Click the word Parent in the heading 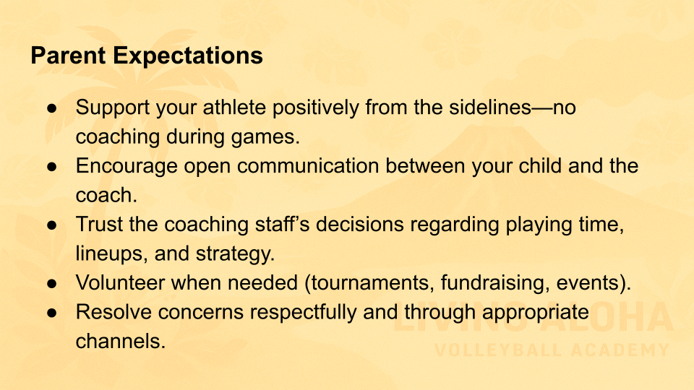point(68,56)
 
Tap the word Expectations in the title point(188,56)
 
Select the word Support point(113,108)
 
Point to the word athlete point(234,108)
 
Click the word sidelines point(490,108)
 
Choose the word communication point(308,166)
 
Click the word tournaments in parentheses point(370,283)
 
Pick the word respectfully point(303,313)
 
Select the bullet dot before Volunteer point(52,283)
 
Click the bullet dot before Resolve point(52,313)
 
